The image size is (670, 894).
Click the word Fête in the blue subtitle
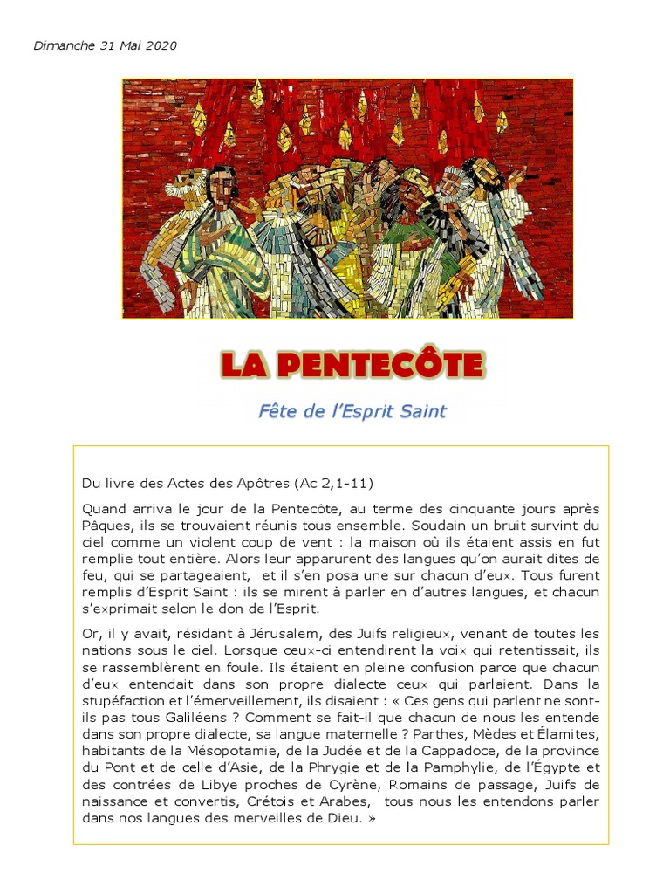tap(277, 410)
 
